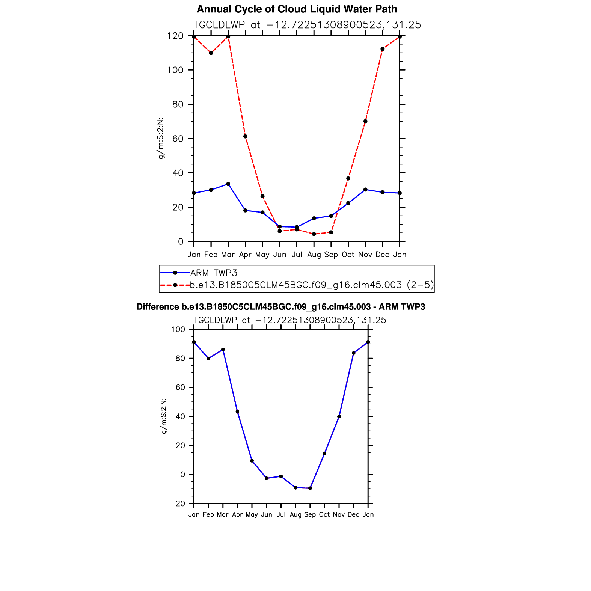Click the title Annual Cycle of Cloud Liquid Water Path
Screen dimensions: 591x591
click(297, 9)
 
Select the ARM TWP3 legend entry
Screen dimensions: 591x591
click(214, 273)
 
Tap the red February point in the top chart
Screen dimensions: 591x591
click(211, 53)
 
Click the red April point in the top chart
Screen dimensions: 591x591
click(245, 136)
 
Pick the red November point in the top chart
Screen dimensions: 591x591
click(365, 121)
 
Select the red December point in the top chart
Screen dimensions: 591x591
click(382, 49)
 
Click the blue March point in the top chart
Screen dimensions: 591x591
click(228, 184)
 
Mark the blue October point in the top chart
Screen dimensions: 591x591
click(348, 203)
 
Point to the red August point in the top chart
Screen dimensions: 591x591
click(314, 234)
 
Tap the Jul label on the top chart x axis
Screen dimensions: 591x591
click(297, 255)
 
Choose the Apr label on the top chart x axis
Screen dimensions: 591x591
click(245, 255)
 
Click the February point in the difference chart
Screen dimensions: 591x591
click(208, 359)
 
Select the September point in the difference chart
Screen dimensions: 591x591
click(310, 488)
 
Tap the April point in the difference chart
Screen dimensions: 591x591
click(237, 412)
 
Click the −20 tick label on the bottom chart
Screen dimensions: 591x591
click(178, 504)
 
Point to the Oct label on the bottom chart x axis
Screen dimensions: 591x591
click(324, 515)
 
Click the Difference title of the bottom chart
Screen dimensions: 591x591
click(280, 307)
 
